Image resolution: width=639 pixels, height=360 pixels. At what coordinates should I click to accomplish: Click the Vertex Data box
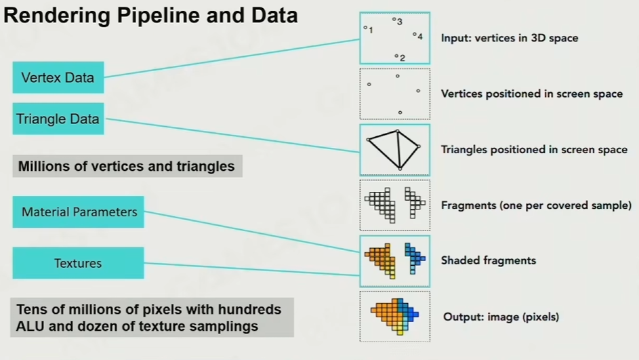[x=58, y=77]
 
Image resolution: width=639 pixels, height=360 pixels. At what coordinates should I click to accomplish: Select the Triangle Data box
[x=58, y=119]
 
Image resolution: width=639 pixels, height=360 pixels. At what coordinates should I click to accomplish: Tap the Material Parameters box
[x=79, y=212]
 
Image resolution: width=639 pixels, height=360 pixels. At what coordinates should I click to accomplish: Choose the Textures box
[x=78, y=263]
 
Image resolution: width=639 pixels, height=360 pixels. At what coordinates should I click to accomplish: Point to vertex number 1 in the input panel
[x=366, y=28]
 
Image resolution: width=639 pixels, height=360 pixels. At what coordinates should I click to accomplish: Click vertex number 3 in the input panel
[x=394, y=20]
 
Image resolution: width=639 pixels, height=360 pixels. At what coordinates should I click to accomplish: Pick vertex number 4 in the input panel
[x=415, y=34]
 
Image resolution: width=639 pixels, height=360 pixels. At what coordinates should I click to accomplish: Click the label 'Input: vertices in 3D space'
[x=510, y=38]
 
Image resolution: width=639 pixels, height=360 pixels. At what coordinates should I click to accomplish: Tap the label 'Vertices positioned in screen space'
[x=532, y=94]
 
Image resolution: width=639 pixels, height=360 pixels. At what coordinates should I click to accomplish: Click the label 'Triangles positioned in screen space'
[x=534, y=149]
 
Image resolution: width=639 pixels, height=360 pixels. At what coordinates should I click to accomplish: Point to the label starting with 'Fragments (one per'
[x=536, y=205]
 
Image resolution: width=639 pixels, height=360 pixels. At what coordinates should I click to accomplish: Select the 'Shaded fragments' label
[x=489, y=260]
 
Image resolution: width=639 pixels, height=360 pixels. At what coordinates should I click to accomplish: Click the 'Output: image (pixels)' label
[x=501, y=317]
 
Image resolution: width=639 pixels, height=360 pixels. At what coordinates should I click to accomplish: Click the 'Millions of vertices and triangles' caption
[x=127, y=166]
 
